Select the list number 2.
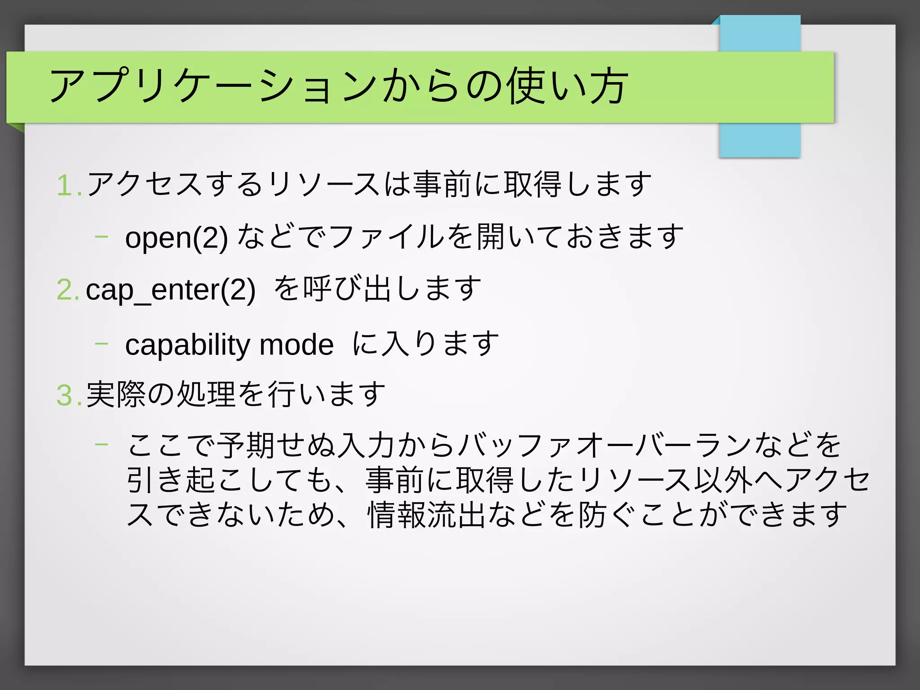tap(67, 289)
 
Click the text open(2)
tap(177, 238)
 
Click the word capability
tap(188, 345)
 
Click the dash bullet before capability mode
tap(102, 343)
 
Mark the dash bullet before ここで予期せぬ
tap(102, 444)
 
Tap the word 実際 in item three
tap(115, 394)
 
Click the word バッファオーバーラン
tap(605, 445)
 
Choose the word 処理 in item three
tap(206, 394)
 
